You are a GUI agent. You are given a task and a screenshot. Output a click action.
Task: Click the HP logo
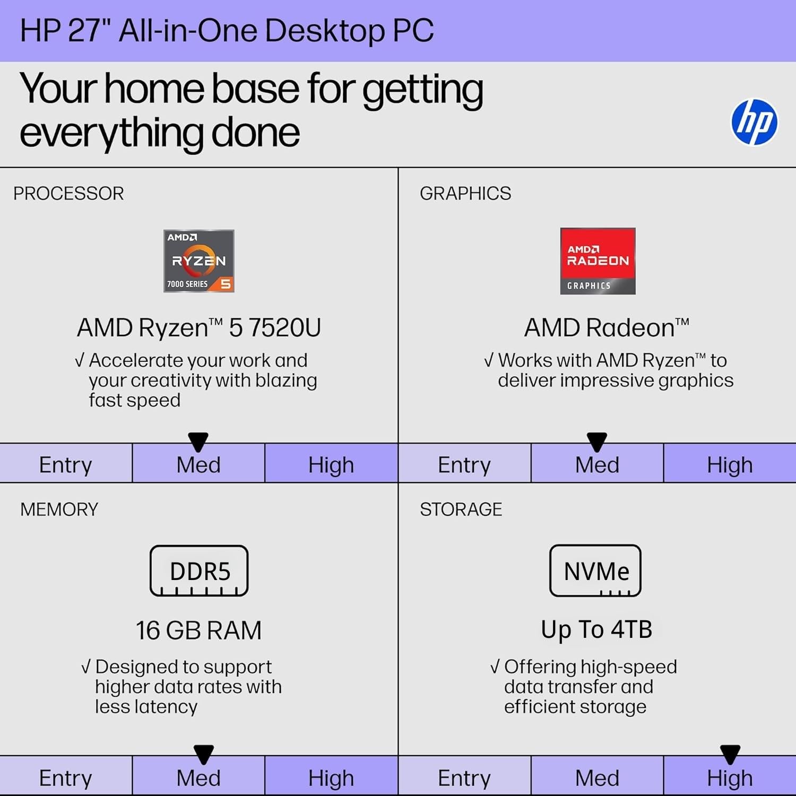[x=754, y=122]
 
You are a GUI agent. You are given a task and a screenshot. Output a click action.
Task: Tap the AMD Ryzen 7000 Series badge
[x=199, y=261]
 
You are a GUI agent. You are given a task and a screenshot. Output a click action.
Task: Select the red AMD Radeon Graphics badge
[x=598, y=261]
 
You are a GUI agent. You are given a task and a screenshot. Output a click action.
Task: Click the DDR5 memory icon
[x=199, y=570]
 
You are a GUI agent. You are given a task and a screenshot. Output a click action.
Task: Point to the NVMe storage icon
[x=595, y=570]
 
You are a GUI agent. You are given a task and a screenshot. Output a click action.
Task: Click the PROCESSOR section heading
[x=68, y=194]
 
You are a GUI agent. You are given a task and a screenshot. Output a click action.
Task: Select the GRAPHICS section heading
[x=465, y=194]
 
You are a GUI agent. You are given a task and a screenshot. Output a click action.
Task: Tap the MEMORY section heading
[x=59, y=509]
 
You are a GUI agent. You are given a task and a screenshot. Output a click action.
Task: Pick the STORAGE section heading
[x=461, y=509]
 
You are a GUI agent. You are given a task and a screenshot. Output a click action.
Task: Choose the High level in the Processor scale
[x=331, y=465]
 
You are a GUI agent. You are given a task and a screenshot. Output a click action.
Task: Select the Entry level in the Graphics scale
[x=464, y=465]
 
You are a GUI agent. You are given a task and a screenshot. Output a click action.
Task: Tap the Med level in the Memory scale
[x=198, y=778]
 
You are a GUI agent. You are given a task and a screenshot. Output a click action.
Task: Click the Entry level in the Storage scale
[x=464, y=778]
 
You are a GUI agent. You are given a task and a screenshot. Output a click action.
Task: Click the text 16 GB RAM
[x=198, y=630]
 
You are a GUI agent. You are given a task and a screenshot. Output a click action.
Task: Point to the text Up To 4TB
[x=596, y=630]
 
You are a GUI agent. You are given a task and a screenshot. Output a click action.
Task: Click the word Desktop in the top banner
[x=325, y=30]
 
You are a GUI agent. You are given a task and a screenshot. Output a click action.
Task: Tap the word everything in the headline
[x=111, y=133]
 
